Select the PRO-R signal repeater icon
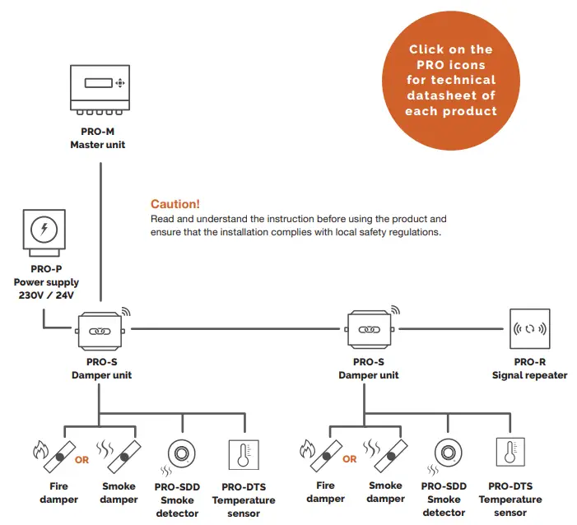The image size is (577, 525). [x=530, y=329]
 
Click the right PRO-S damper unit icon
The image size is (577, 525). [x=367, y=329]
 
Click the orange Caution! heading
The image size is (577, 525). [x=174, y=204]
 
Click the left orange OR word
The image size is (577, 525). [x=81, y=460]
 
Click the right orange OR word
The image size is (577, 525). [x=350, y=459]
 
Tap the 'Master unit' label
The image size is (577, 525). [x=98, y=145]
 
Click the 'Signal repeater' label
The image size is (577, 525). [x=529, y=375]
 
